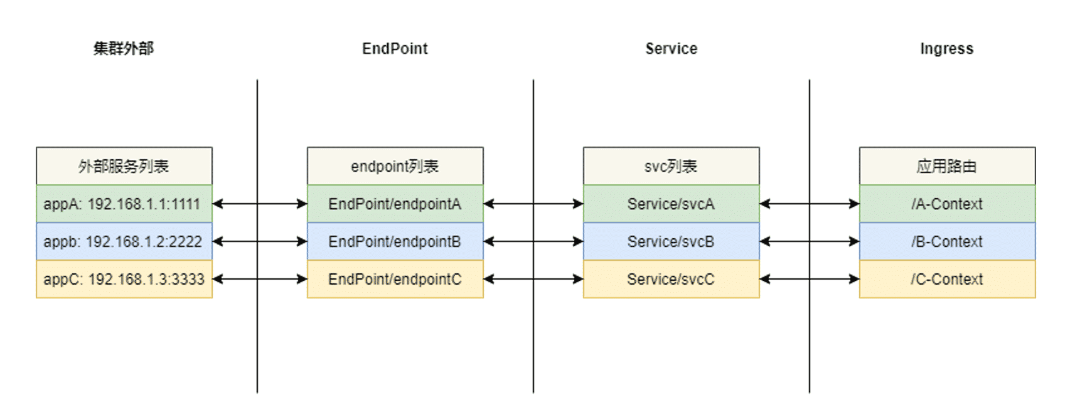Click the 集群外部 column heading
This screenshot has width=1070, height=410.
coord(124,48)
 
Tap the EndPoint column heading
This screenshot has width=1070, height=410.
coord(395,48)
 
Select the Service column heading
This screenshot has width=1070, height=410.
coord(671,48)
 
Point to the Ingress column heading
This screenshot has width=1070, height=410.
coord(947,48)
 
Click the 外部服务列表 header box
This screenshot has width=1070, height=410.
coord(124,166)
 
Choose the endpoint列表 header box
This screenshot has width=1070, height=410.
coord(395,166)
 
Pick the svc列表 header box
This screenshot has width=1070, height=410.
coord(671,166)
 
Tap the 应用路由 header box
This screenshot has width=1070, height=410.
coord(947,166)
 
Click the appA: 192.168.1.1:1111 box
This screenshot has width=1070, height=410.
coord(124,204)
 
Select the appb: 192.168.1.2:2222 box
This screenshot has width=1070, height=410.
coord(124,241)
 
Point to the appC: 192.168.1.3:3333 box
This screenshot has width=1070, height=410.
coord(124,279)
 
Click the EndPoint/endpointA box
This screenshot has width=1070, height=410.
coord(395,204)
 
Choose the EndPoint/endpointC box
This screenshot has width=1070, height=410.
coord(395,279)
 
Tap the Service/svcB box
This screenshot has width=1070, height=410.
coord(671,241)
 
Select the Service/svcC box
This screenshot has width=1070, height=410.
coord(671,279)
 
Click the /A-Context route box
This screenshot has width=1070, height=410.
coord(947,204)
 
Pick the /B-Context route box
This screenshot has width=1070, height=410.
coord(947,241)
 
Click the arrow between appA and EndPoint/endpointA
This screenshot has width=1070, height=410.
coord(260,204)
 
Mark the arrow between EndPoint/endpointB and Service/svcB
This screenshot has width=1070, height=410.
coord(533,241)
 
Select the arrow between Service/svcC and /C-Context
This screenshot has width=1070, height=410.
coord(809,279)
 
